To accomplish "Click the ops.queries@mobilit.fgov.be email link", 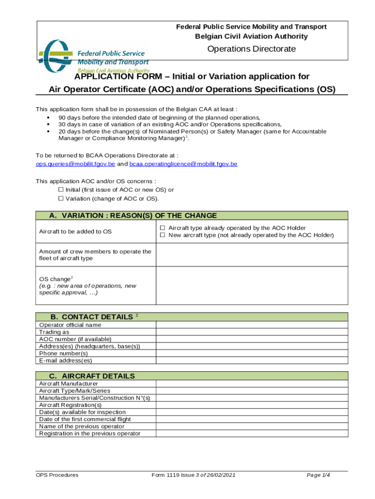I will pos(75,164).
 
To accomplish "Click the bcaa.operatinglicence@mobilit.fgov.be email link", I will pos(183,164).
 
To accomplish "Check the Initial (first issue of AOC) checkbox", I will pos(61,190).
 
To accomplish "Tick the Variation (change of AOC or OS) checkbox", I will pos(61,199).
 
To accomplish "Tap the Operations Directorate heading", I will pos(251,49).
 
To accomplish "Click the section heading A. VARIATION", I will pos(133,216).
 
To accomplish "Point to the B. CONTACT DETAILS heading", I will pos(91,317).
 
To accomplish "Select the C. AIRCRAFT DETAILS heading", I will pos(92,376).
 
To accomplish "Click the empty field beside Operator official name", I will pos(252,325).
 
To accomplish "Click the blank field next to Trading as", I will pos(252,332).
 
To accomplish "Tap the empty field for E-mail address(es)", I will pos(252,361).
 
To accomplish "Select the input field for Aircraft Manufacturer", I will pos(252,384).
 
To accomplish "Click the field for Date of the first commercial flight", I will pos(252,419).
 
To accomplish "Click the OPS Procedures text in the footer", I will pos(57,475).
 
